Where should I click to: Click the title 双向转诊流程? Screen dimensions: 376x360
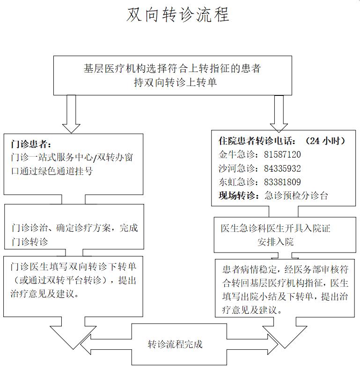[x=179, y=15]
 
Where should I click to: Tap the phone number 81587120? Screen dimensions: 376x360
[x=282, y=154]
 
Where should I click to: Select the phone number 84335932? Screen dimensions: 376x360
[x=282, y=168]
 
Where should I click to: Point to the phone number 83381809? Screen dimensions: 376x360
[x=282, y=182]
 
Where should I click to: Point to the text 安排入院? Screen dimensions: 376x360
[x=275, y=242]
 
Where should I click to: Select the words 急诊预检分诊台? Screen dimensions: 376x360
[x=296, y=195]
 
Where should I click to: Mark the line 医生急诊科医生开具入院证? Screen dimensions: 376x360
[x=275, y=229]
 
